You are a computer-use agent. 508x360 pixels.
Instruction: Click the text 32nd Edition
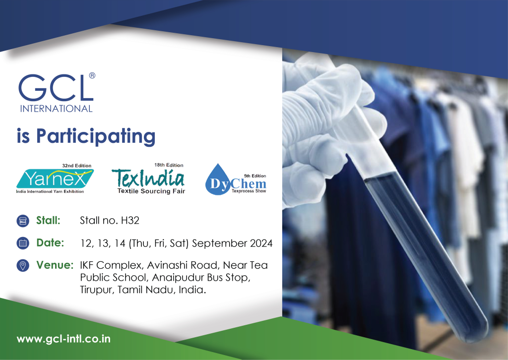(76, 166)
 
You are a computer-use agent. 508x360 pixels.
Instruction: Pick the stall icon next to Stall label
(22, 221)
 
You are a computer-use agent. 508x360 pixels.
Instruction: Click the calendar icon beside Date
(22, 243)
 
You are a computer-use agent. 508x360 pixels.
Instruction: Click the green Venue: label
(55, 265)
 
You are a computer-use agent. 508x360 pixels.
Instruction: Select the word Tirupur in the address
(97, 290)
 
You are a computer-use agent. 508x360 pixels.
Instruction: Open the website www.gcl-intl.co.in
(63, 340)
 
